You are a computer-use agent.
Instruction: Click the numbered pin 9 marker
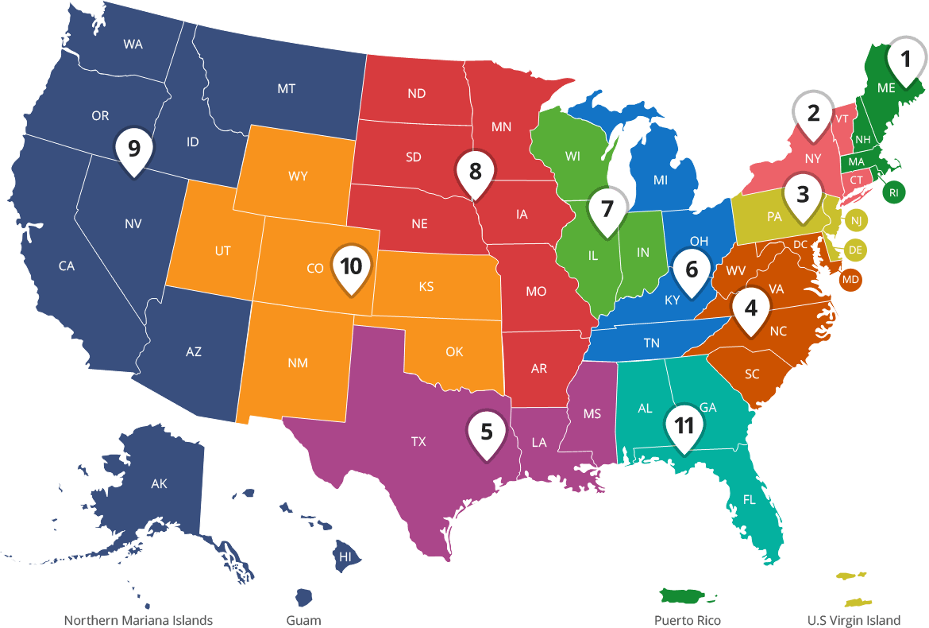(133, 149)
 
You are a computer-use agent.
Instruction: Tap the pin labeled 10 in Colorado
(351, 266)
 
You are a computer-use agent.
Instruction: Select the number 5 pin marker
(487, 432)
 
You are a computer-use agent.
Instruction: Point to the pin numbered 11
(684, 426)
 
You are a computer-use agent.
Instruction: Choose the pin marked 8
(475, 172)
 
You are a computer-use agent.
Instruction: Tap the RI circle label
(894, 192)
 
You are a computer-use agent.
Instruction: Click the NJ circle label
(856, 220)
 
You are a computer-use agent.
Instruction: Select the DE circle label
(855, 250)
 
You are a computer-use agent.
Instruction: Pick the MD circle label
(850, 280)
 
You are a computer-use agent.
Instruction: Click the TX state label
(418, 441)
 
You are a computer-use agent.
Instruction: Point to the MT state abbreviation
(287, 89)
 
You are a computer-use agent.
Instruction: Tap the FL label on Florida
(750, 500)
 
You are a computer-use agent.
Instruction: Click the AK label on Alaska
(159, 483)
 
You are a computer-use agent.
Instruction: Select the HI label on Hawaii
(345, 557)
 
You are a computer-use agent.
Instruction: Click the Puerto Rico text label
(688, 620)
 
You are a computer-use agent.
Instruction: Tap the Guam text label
(303, 620)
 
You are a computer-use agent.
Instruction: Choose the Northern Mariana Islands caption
(138, 620)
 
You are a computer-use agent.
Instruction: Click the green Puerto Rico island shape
(688, 595)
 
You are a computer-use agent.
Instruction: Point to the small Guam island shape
(303, 596)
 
